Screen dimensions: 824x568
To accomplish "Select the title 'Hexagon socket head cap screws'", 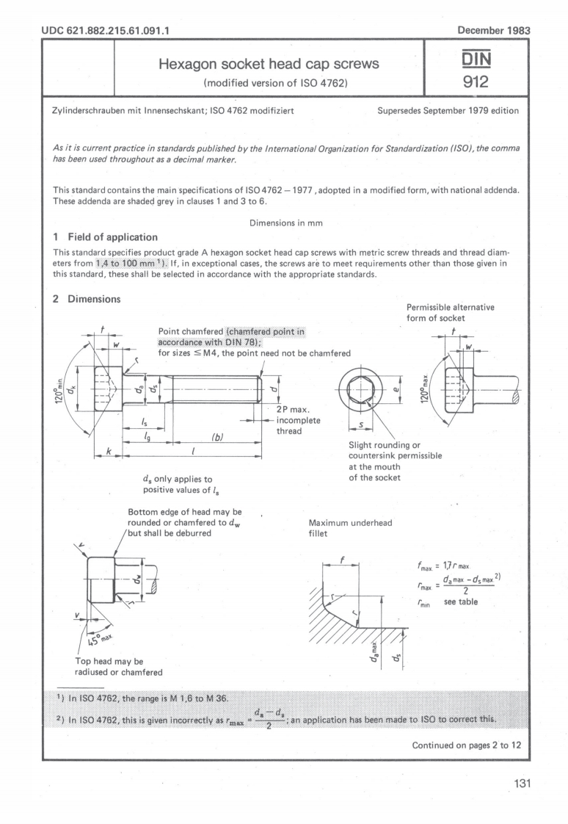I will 269,64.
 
